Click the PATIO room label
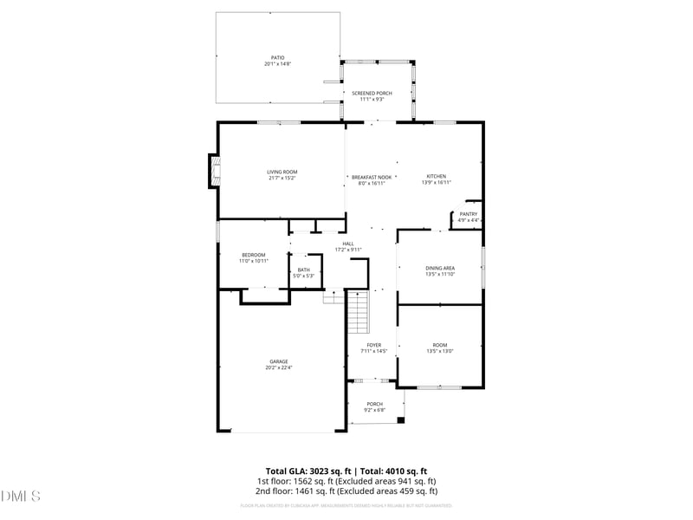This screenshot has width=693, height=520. click(277, 58)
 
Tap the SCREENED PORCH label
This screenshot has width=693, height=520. click(371, 93)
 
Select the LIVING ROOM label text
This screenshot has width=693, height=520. click(282, 172)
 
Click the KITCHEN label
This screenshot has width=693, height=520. click(436, 176)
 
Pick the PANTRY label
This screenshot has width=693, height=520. click(469, 214)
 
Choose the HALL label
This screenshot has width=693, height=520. click(348, 244)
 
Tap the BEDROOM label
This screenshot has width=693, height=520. click(254, 254)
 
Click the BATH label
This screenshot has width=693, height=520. click(304, 270)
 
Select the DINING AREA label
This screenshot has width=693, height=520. click(440, 268)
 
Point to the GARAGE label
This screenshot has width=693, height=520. click(279, 361)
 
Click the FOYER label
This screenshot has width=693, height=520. click(373, 345)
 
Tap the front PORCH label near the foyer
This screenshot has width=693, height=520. click(374, 404)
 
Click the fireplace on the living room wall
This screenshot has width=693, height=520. click(212, 171)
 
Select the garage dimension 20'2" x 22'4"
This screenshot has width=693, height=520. click(279, 367)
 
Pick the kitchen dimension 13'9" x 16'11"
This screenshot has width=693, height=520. click(436, 182)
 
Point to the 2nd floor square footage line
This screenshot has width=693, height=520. click(346, 490)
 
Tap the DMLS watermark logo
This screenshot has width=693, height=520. click(21, 497)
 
